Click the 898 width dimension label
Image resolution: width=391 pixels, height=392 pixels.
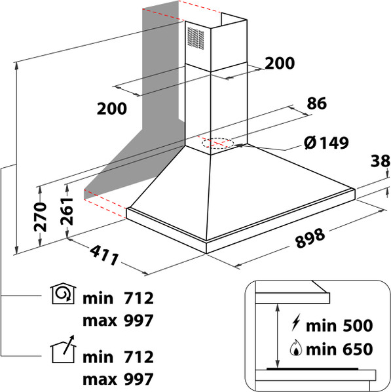tap(310, 238)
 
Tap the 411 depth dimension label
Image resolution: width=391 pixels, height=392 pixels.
tap(104, 255)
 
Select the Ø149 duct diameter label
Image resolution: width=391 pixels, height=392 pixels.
tap(326, 143)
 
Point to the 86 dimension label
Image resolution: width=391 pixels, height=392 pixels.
tap(317, 103)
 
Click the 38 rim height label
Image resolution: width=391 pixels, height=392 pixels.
tap(381, 161)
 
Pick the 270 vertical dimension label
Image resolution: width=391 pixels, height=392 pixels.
tap(41, 217)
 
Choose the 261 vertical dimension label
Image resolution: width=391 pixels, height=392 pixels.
tap(67, 211)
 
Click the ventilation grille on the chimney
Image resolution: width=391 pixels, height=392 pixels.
tap(195, 38)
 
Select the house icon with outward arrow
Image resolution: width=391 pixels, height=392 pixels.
tap(63, 349)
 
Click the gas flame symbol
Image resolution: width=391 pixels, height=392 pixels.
tap(296, 347)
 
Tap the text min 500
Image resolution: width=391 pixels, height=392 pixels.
tap(339, 326)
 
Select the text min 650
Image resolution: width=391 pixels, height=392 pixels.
tap(339, 349)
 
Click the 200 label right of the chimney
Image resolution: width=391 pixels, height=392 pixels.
tap(280, 63)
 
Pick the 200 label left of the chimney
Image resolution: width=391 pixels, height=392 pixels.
tap(112, 109)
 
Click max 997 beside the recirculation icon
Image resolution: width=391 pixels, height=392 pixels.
tap(118, 321)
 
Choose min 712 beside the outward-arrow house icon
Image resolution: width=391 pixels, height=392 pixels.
tap(118, 357)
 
